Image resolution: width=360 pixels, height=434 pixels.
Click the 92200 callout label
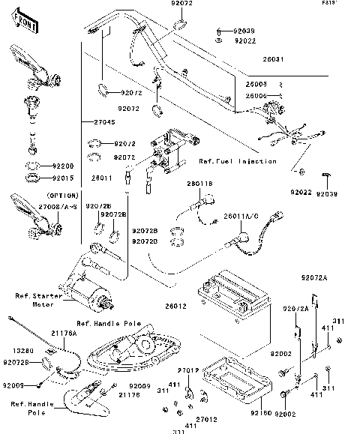[x=63, y=165]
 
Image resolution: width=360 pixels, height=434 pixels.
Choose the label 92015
[x=63, y=178]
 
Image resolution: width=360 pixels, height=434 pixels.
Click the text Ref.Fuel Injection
[x=238, y=161]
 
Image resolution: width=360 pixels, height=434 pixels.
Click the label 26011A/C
[x=241, y=216]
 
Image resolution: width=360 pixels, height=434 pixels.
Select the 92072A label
[x=316, y=277]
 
